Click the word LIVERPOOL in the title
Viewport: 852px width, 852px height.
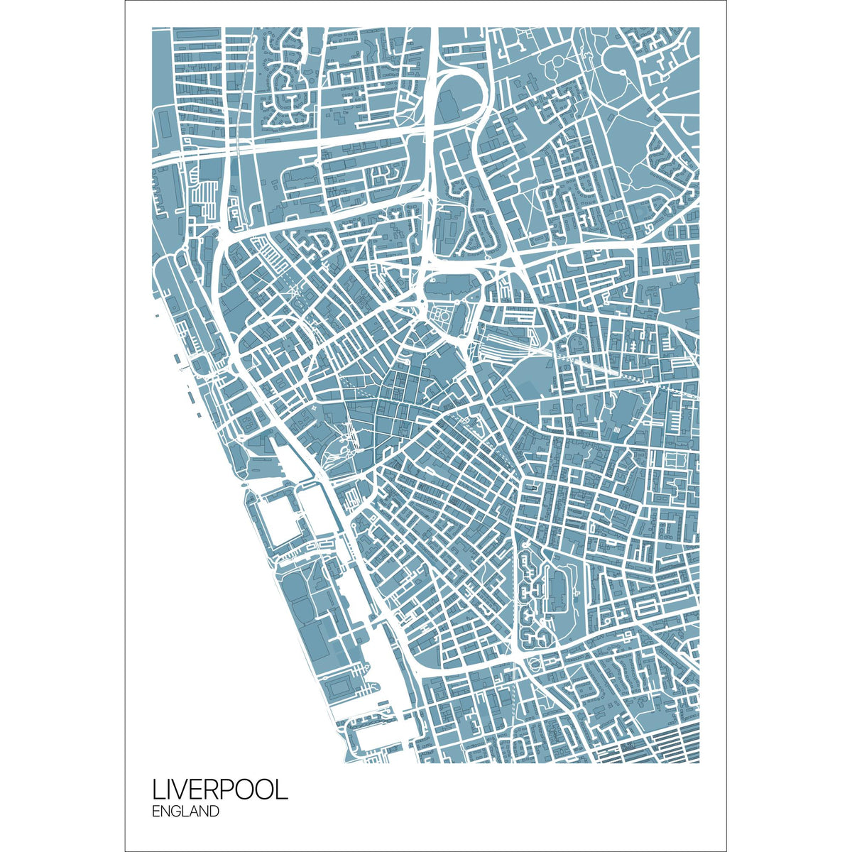(x=219, y=790)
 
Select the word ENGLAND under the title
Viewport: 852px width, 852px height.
(x=185, y=812)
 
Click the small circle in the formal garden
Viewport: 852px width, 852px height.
(x=442, y=312)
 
